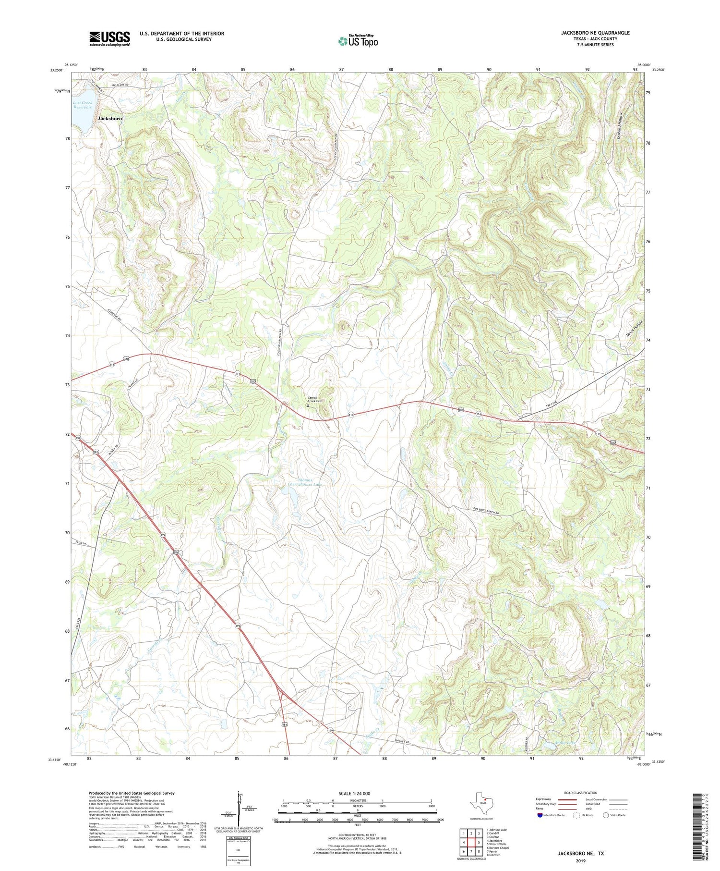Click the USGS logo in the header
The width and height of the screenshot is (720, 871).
click(109, 38)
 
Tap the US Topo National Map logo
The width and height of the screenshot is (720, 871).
click(358, 41)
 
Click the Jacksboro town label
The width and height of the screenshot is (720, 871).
click(110, 118)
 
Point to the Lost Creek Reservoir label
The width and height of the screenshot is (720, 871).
click(83, 105)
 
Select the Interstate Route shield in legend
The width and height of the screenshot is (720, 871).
click(540, 815)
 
